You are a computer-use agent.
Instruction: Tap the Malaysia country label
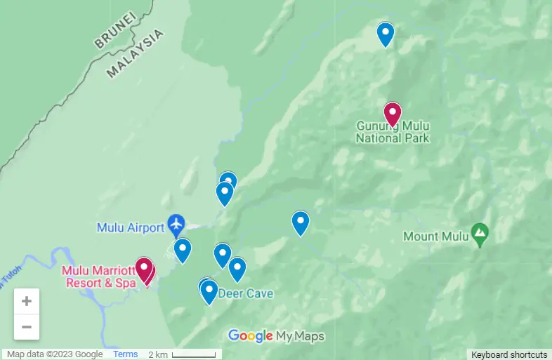coord(136,53)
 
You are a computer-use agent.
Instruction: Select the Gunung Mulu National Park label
coord(393,132)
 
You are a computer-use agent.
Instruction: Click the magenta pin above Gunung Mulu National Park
coord(392,114)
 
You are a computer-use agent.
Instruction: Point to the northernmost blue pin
coord(385,34)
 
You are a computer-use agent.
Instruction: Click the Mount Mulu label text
coord(435,236)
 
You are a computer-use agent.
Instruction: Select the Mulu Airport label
coord(129,227)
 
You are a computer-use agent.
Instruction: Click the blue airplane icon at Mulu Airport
coord(176,225)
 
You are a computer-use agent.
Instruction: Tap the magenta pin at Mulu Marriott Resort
coord(144,269)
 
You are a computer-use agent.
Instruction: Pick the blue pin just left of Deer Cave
coord(209,292)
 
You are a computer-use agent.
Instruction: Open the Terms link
coord(126,354)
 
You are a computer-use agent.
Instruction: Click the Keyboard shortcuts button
coord(509,354)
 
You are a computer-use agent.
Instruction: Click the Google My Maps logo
coord(277,336)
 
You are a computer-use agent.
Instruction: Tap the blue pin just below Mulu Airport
coord(183,250)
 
